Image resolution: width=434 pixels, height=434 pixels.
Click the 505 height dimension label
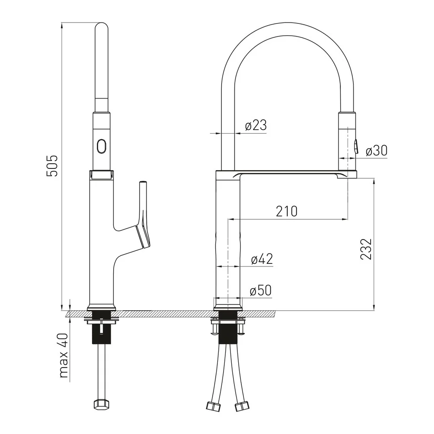point(52,165)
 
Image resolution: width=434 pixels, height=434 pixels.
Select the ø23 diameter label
point(256,125)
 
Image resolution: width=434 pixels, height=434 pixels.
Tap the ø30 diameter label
point(376,151)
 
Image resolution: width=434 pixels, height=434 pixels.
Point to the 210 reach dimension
point(287,211)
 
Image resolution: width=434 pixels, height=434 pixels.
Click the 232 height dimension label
point(366,249)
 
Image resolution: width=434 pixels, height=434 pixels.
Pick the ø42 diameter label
point(262,259)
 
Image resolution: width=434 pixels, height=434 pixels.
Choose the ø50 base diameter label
point(260,290)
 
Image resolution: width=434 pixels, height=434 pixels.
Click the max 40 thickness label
point(64,356)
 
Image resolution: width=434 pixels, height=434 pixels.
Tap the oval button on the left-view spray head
point(101,146)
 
